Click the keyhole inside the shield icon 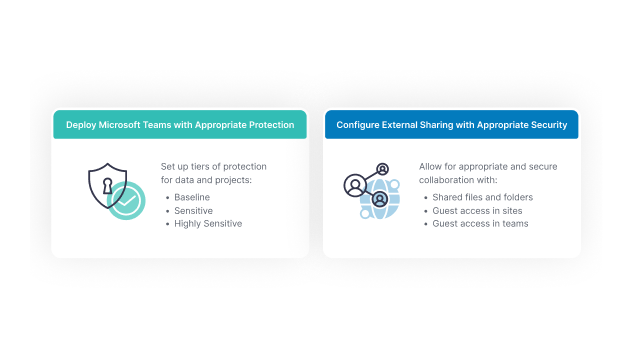pyautogui.click(x=107, y=184)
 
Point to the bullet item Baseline pyautogui.click(x=192, y=197)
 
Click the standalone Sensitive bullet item pyautogui.click(x=194, y=210)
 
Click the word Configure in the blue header pyautogui.click(x=360, y=125)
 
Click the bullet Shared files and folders pyautogui.click(x=482, y=197)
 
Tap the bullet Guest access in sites pyautogui.click(x=477, y=210)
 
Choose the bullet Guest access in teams pyautogui.click(x=480, y=223)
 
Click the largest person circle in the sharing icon pyautogui.click(x=355, y=185)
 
